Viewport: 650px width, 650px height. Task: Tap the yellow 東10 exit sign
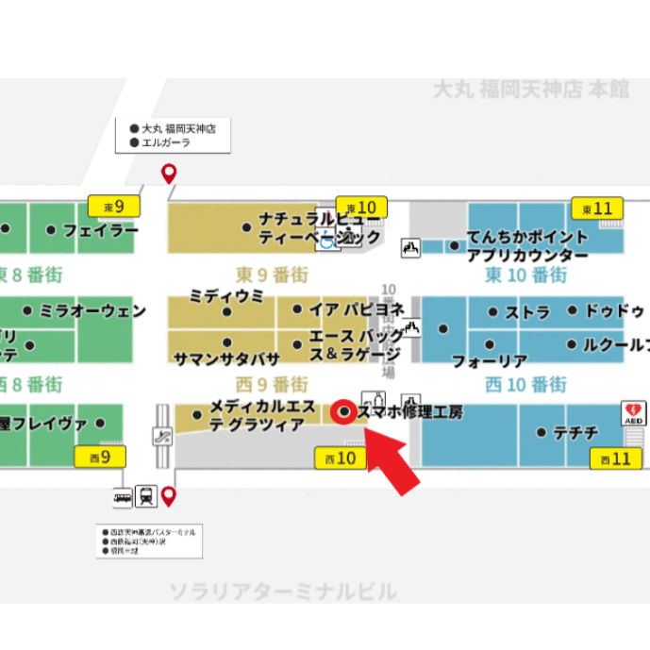[362, 207]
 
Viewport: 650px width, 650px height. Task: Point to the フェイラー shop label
[100, 229]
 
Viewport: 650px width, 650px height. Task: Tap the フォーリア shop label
[489, 361]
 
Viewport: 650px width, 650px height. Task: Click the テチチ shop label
[575, 432]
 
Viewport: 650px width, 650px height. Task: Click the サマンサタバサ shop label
[226, 358]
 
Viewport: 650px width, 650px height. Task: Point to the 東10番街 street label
[526, 275]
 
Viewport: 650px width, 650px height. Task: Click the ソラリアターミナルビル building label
[283, 592]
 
